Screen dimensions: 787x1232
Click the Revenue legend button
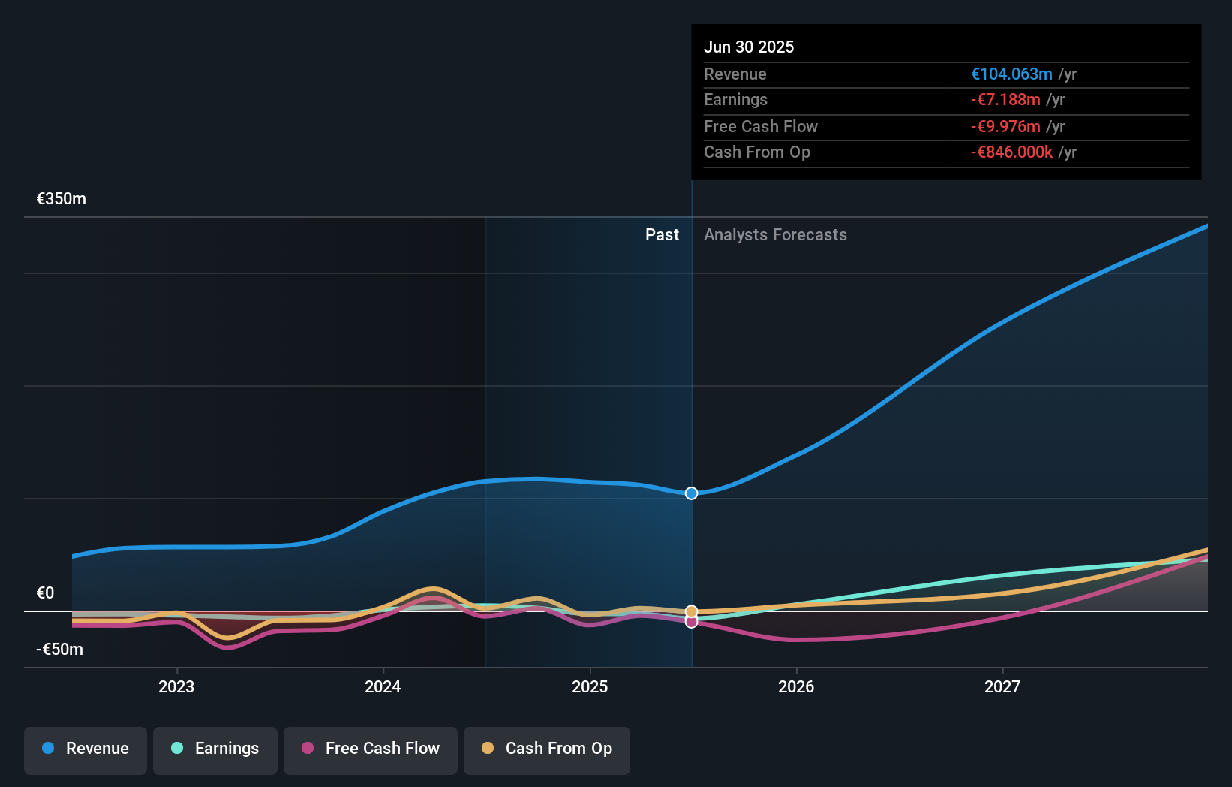[x=86, y=749]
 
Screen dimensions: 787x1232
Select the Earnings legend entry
[x=215, y=749]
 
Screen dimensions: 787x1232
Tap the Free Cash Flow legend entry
[x=371, y=749]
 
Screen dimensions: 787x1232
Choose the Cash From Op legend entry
[x=547, y=749]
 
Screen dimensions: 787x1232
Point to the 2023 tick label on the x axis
[x=176, y=687]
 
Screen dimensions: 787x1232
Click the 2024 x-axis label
[x=383, y=687]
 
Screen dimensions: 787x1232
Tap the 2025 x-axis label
[x=590, y=687]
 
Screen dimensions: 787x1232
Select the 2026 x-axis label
[x=796, y=687]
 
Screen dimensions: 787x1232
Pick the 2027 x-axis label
[x=1002, y=687]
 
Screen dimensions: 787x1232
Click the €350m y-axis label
[x=62, y=199]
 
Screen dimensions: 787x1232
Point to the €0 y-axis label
[x=46, y=593]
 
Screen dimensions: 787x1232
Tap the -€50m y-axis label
[x=60, y=650]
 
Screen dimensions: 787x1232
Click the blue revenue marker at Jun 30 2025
[x=692, y=493]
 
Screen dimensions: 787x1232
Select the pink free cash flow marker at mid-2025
[x=692, y=622]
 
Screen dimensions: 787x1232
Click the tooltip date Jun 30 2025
[x=749, y=47]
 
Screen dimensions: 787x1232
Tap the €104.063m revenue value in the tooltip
[x=1011, y=74]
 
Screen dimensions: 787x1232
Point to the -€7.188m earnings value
[x=1005, y=100]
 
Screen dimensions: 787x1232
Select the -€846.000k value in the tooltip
[x=1011, y=152]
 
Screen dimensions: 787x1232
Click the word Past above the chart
[x=662, y=235]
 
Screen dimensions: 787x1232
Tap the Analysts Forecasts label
[x=775, y=235]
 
